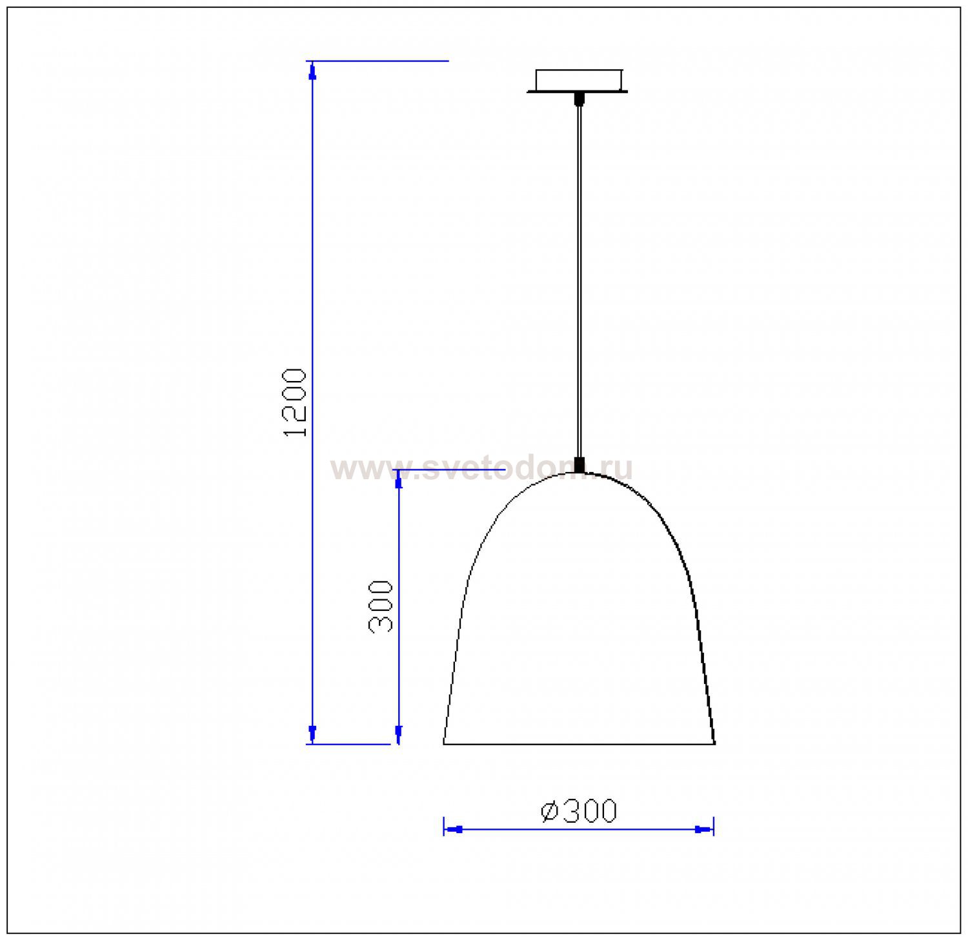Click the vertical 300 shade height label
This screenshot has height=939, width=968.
click(x=381, y=606)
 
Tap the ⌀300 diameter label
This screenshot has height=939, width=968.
click(x=579, y=811)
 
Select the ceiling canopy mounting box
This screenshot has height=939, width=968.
click(x=578, y=81)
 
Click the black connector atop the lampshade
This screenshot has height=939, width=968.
click(x=580, y=465)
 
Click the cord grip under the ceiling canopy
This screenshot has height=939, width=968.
click(x=579, y=98)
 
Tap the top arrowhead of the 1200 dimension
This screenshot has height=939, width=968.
click(x=313, y=71)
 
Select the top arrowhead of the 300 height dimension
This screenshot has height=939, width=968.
click(x=399, y=479)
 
